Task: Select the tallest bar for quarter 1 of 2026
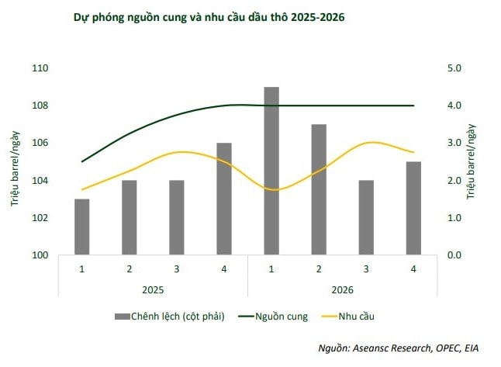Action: click(271, 171)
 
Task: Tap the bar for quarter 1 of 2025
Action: click(82, 227)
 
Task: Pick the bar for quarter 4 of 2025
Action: click(223, 199)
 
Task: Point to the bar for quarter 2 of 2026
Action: click(319, 189)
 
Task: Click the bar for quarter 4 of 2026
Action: click(413, 208)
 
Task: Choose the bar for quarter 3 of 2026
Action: click(366, 217)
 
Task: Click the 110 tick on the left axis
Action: click(40, 68)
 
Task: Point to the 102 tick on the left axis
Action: click(40, 218)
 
